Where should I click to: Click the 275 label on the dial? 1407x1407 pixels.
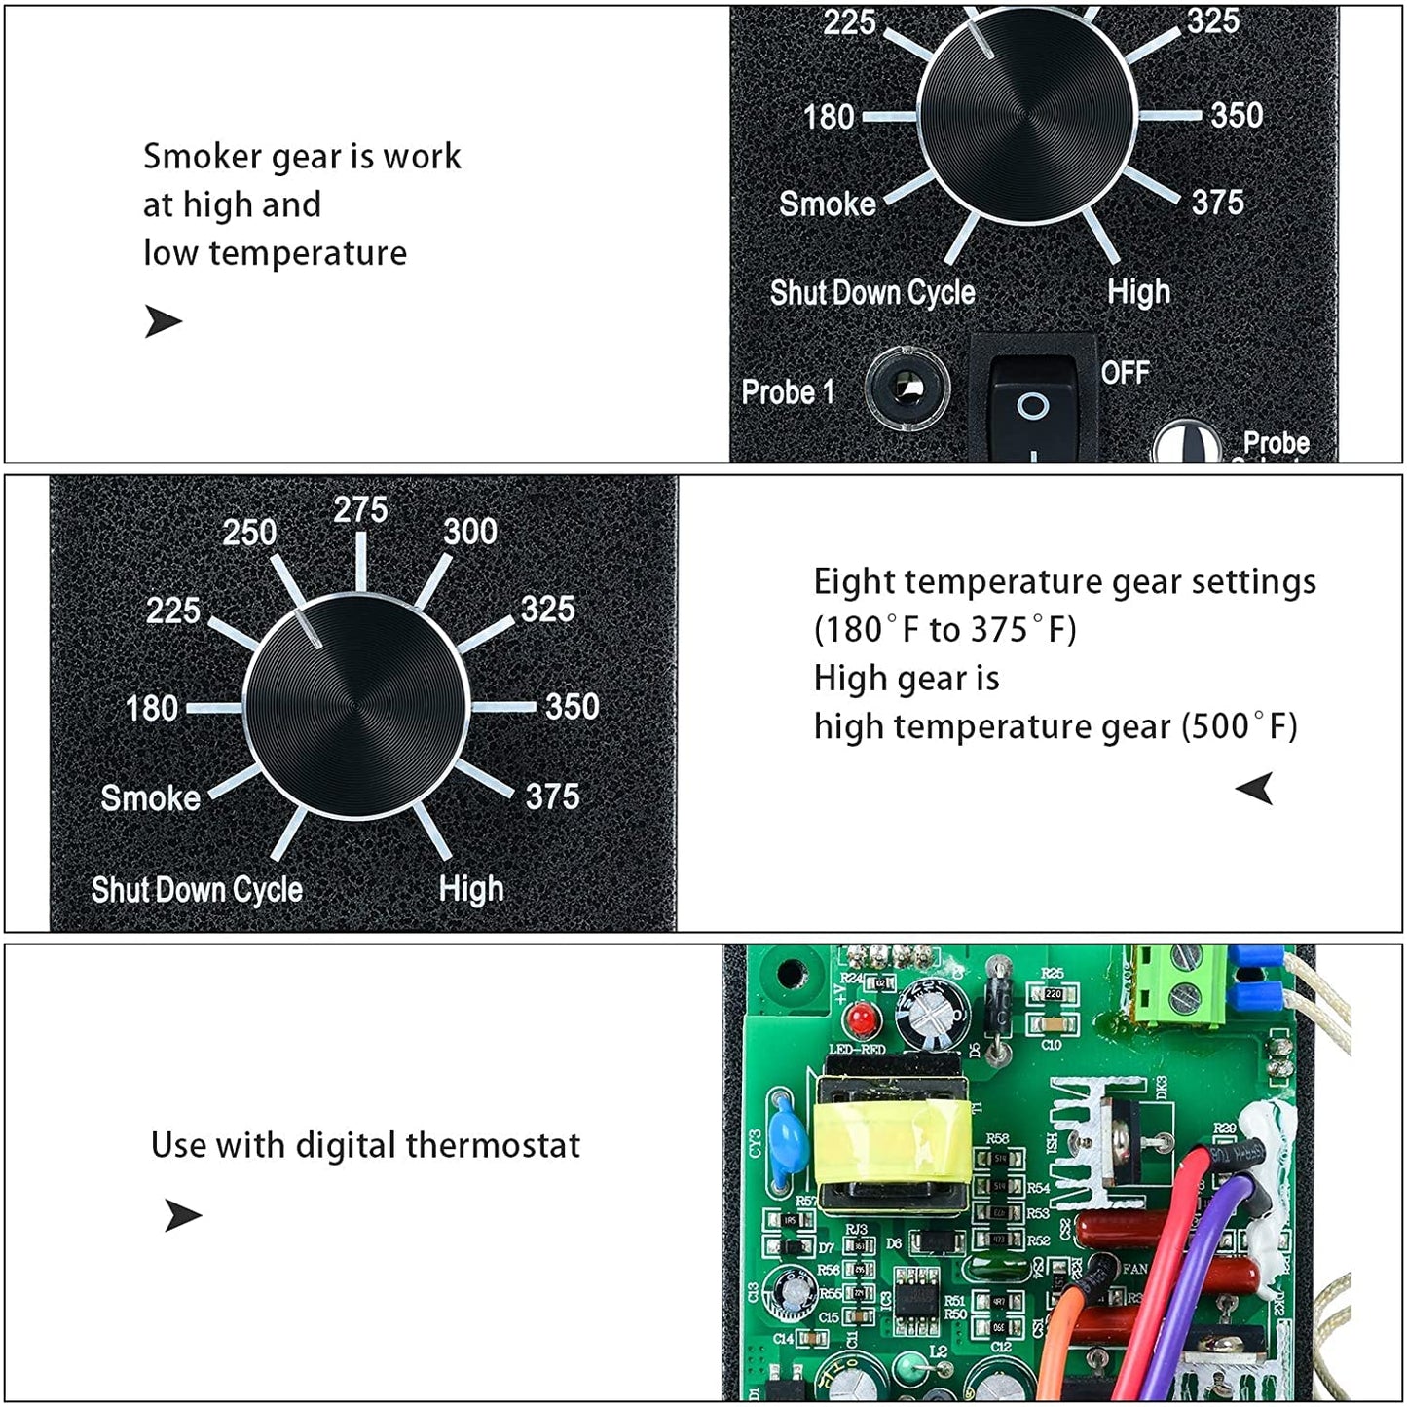pos(360,509)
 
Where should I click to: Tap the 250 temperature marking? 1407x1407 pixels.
pos(249,533)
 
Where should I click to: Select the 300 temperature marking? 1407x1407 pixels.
pos(470,532)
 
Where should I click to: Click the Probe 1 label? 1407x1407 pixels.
pos(788,392)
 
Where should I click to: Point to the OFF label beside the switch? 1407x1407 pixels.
pos(1125,373)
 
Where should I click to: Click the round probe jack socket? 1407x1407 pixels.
pos(907,389)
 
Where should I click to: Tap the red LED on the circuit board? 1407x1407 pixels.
pos(861,1019)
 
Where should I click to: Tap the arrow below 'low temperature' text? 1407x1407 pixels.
pos(163,320)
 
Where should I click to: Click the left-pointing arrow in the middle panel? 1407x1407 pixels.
pos(1255,788)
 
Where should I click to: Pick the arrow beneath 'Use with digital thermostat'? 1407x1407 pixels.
pos(182,1215)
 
